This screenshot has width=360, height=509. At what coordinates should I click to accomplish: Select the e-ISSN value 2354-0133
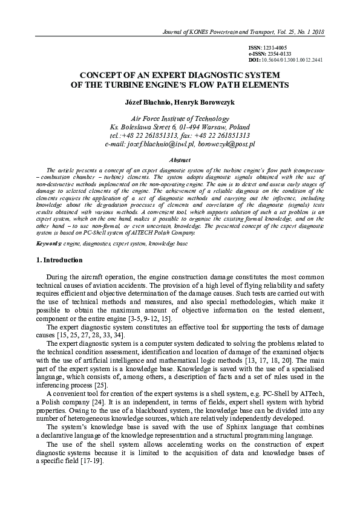[x=278, y=54]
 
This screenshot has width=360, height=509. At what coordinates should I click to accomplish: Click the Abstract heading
[x=180, y=160]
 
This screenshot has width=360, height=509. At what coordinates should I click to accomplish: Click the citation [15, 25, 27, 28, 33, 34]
[x=90, y=334]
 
